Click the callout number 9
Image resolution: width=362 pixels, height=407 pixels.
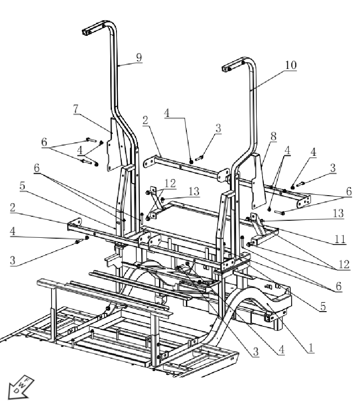click(138, 57)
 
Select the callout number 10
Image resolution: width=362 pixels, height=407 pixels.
click(290, 65)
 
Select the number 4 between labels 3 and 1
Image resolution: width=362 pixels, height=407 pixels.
click(281, 351)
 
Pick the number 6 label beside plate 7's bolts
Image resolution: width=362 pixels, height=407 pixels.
click(43, 142)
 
